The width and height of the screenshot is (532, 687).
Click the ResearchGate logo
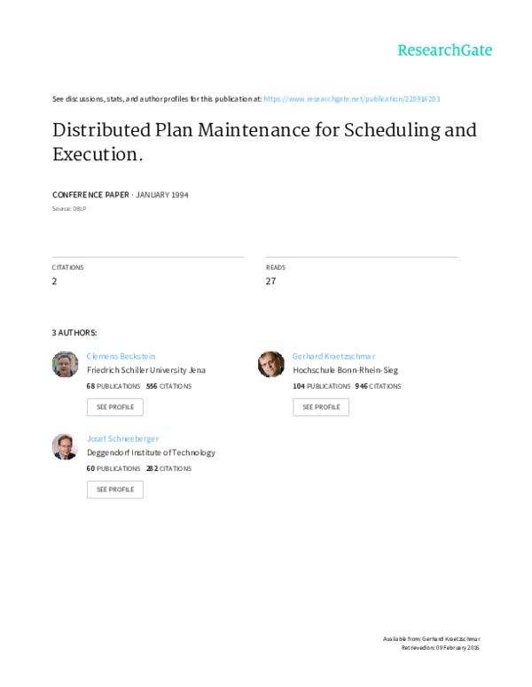443,50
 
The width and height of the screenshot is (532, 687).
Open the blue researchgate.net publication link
351,98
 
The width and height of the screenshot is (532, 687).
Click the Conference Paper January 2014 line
121,195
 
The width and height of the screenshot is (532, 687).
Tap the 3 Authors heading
73,333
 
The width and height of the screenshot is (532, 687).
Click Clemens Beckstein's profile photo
66,364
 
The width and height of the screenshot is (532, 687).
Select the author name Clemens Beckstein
121,355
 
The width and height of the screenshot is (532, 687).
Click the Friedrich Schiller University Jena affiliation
145,370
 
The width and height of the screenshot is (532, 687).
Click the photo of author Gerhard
271,364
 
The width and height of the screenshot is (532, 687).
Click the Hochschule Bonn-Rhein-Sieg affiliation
346,370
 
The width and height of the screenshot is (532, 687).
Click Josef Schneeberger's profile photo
66,446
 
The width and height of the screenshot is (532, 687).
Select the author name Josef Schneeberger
122,437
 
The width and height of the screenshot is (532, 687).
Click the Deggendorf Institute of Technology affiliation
151,452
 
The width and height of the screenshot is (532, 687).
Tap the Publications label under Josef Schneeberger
117,467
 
